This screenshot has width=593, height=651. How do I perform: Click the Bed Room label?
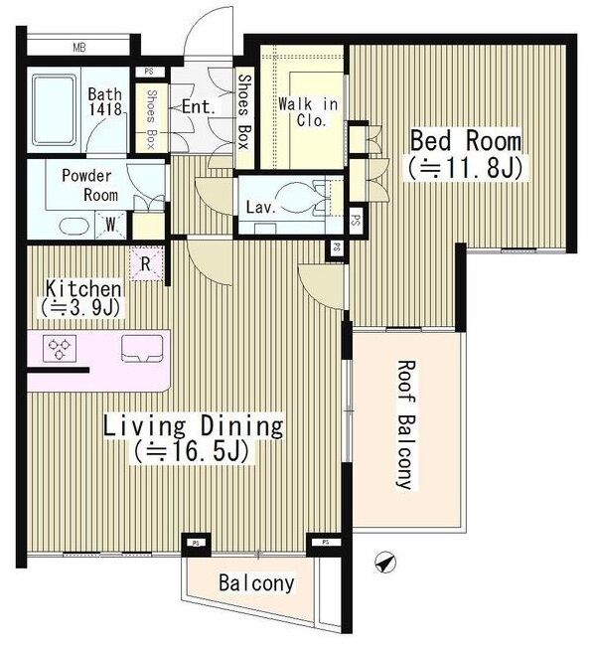(x=466, y=141)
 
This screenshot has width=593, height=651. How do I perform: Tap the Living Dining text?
(x=193, y=425)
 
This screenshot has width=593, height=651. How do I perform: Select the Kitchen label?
(x=83, y=288)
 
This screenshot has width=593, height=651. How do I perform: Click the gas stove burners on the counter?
(x=60, y=348)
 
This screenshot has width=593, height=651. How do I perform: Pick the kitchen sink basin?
(x=141, y=349)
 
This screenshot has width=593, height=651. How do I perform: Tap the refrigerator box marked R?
(x=146, y=263)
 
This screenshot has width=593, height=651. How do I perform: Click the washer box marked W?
(x=110, y=225)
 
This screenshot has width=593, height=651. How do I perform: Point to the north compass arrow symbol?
(x=384, y=563)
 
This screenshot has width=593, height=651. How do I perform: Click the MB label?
(x=79, y=48)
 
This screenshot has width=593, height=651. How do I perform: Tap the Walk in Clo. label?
(x=308, y=112)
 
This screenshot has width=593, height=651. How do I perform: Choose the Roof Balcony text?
(x=405, y=424)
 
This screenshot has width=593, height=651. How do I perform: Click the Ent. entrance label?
(x=199, y=107)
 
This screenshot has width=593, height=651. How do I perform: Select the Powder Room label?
(x=90, y=185)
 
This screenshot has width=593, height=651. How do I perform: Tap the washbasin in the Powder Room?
(x=74, y=227)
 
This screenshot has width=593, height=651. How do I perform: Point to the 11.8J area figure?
(x=465, y=167)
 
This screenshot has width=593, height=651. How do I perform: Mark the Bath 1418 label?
(x=105, y=101)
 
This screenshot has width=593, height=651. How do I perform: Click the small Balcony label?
(x=256, y=582)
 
